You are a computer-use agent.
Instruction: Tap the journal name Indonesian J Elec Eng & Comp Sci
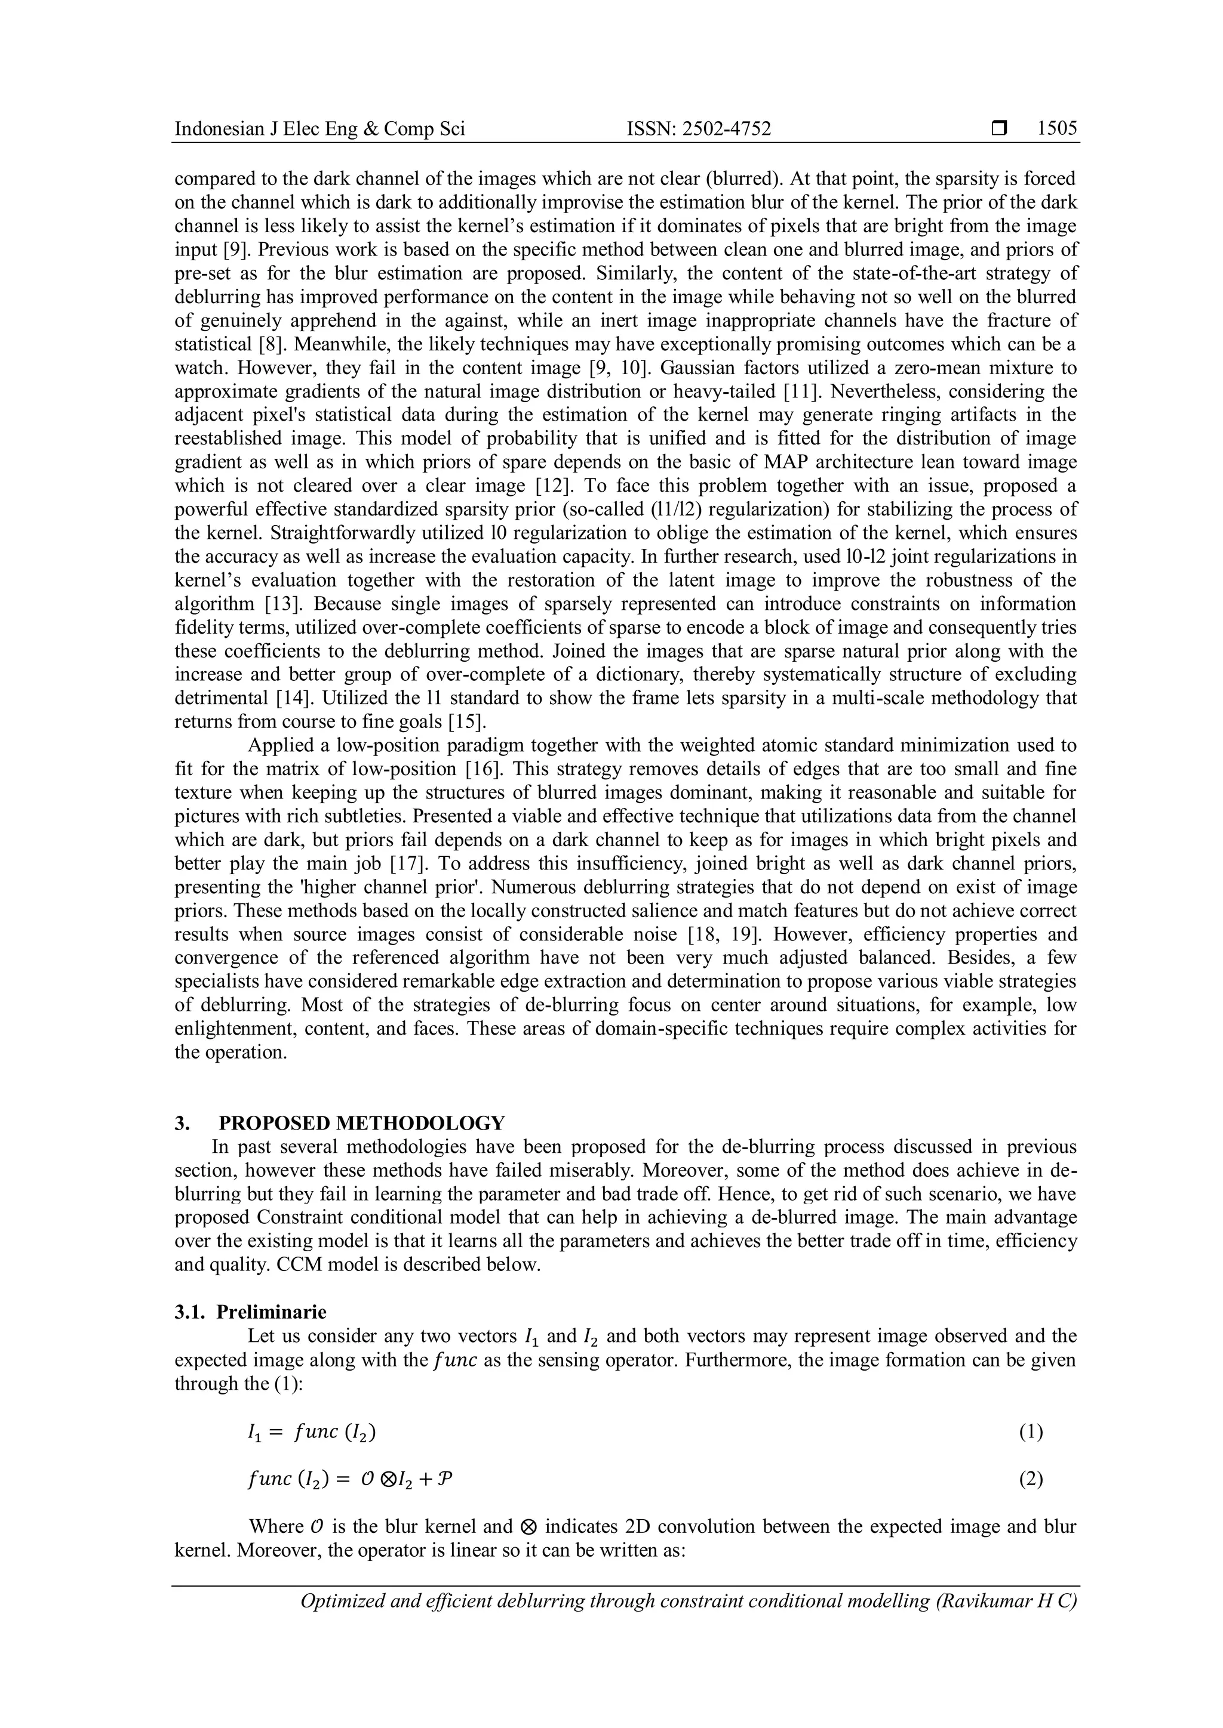coord(319,129)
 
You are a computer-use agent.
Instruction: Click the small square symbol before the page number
coord(998,129)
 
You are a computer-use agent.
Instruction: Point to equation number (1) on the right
coord(1030,1431)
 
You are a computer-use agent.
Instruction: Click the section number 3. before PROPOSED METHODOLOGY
coord(182,1123)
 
